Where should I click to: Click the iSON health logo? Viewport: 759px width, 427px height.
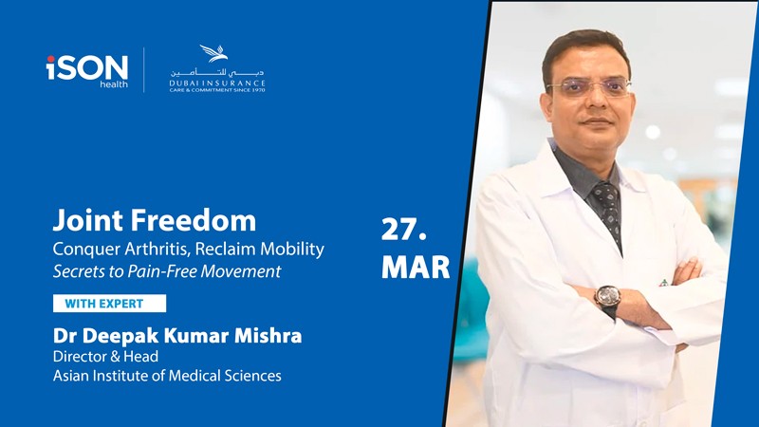[x=87, y=71]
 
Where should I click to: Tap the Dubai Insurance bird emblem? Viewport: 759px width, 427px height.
[x=213, y=53]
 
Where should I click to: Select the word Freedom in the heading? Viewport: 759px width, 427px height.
[x=194, y=220]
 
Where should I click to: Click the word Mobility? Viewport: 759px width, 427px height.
[x=292, y=250]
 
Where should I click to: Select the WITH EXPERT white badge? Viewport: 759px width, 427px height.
[x=109, y=304]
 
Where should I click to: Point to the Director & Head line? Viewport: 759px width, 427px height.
[x=105, y=357]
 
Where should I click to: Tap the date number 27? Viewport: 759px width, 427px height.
[x=404, y=230]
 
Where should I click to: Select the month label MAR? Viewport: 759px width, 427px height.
[x=416, y=267]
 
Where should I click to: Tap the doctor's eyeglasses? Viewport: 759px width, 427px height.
[x=588, y=87]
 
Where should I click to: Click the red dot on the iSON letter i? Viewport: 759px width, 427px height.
[x=51, y=59]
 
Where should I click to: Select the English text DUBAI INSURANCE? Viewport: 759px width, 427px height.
[x=217, y=84]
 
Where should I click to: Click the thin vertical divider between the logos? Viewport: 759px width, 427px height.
[x=144, y=69]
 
